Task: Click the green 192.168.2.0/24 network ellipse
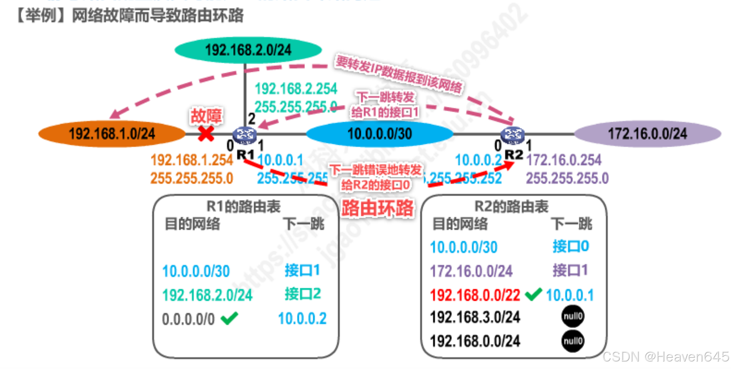pos(248,50)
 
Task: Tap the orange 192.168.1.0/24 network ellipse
pos(112,134)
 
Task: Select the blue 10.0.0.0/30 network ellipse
pos(379,134)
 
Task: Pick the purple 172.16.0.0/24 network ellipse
pos(647,134)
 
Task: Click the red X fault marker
pos(206,134)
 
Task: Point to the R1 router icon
pos(244,135)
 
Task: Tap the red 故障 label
pos(206,116)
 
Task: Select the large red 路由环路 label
pos(377,208)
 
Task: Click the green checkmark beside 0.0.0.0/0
pos(230,318)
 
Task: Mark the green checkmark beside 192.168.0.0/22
pos(533,294)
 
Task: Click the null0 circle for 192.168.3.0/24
pos(573,317)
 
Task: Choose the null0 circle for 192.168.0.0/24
pos(573,341)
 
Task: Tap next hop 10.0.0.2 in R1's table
pos(302,319)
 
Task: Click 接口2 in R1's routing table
pos(302,294)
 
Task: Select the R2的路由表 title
pos(511,206)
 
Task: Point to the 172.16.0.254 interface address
pos(564,160)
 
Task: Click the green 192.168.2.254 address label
pos(296,89)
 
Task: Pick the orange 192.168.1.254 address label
pos(192,160)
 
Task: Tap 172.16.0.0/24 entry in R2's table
pos(471,271)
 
